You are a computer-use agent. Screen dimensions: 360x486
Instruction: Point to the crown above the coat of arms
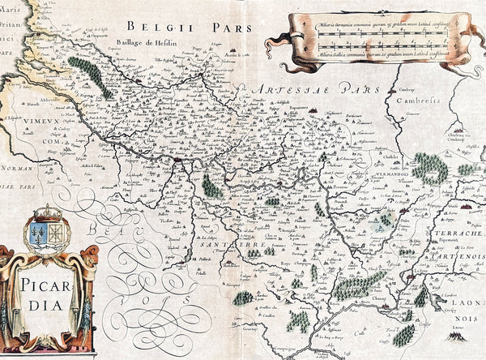point(48,213)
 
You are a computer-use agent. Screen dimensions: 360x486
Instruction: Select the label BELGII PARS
point(183,27)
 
